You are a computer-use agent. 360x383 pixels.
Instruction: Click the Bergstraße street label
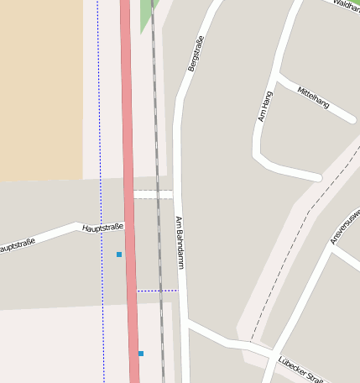(196, 53)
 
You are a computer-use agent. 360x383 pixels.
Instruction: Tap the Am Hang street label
(266, 106)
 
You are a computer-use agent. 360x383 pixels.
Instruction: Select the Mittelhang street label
(313, 97)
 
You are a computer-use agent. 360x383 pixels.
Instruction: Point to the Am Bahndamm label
(180, 243)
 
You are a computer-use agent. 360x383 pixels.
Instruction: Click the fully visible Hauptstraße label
(103, 228)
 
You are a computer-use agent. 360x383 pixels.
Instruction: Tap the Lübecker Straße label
(300, 369)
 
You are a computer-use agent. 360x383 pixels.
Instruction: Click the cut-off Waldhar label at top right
(346, 6)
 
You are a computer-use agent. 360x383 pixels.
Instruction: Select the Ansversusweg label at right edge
(344, 227)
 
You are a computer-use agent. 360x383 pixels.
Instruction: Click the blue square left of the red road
(119, 254)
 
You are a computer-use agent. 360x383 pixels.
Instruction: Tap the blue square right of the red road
(141, 354)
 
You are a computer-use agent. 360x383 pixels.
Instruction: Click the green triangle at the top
(146, 12)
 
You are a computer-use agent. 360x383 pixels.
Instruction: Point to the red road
(129, 168)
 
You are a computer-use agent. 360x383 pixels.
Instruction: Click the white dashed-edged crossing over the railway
(153, 194)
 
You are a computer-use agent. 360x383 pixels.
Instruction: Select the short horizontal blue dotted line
(157, 291)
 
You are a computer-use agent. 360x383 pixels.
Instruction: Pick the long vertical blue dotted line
(100, 168)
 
